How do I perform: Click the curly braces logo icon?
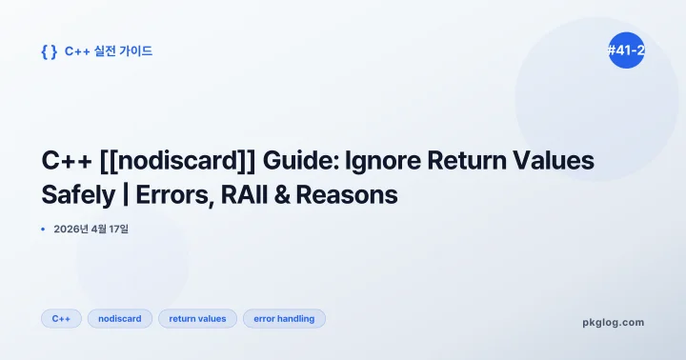pos(49,51)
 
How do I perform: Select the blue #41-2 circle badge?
pos(626,50)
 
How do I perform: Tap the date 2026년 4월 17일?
pos(91,230)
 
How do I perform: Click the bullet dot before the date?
pos(44,230)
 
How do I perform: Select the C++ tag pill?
pos(61,318)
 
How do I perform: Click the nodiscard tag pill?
pos(120,318)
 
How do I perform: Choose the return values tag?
pos(197,318)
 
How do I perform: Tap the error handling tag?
pos(284,318)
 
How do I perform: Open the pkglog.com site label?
pos(613,322)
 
